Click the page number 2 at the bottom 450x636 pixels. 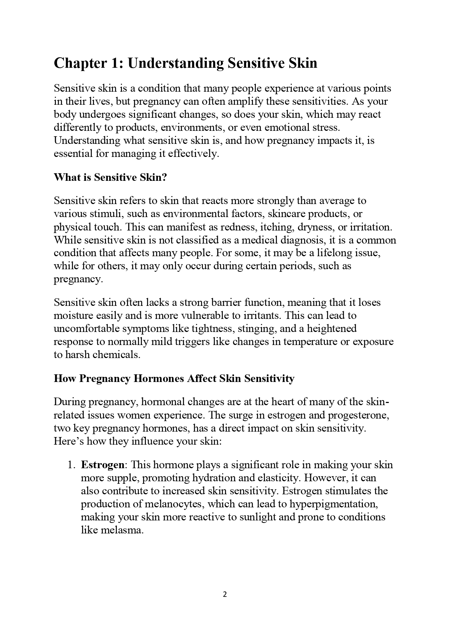pyautogui.click(x=225, y=594)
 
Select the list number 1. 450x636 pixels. pyautogui.click(x=71, y=465)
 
